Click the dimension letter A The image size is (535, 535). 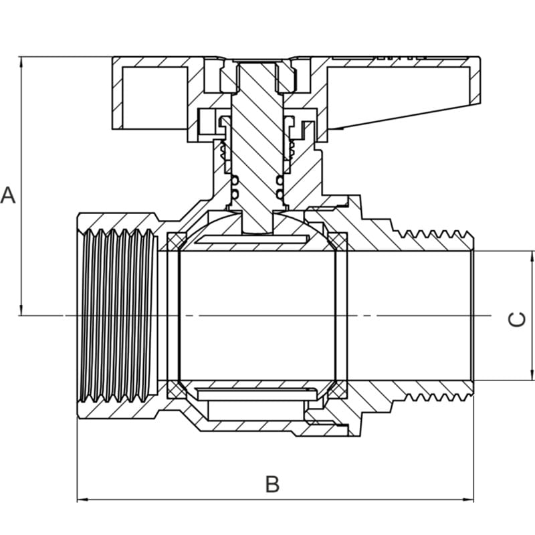tap(8, 195)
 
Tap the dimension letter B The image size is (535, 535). tap(272, 484)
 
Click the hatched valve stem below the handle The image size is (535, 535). tap(258, 147)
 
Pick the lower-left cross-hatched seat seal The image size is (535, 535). tap(176, 389)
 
